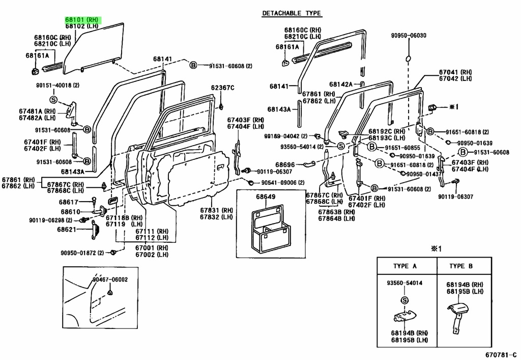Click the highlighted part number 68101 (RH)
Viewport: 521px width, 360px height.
tap(82, 20)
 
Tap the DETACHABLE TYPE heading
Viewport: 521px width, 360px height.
tap(292, 13)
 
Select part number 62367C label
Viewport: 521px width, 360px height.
tap(223, 88)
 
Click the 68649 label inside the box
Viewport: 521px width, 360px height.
tap(266, 197)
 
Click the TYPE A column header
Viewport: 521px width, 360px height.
tap(404, 266)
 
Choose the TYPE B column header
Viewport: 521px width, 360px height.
tap(461, 266)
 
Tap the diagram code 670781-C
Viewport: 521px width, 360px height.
tap(501, 355)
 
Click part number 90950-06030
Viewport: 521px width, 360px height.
tap(409, 36)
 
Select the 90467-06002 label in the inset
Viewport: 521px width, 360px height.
tap(110, 280)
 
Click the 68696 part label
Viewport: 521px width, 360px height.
tap(285, 164)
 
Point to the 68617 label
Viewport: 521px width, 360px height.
tap(69, 202)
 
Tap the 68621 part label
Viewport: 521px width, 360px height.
tap(67, 229)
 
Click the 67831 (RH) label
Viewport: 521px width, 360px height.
tap(216, 210)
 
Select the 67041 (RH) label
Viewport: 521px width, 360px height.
tap(455, 72)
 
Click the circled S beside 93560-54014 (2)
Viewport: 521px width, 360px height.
tap(341, 146)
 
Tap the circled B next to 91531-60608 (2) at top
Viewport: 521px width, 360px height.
tap(193, 66)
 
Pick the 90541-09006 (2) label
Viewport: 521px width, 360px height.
tap(283, 182)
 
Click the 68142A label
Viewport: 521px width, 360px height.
tap(341, 85)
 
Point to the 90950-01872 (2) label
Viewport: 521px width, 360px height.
tap(82, 253)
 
